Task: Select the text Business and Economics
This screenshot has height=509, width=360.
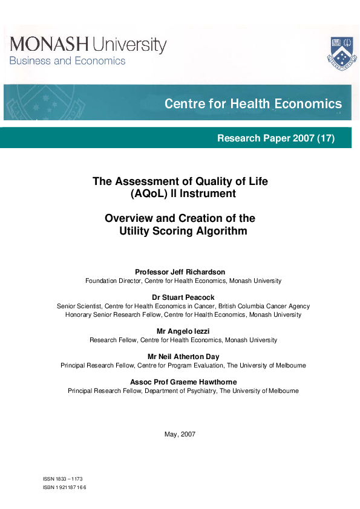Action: pyautogui.click(x=67, y=60)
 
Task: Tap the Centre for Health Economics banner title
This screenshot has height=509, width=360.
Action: pyautogui.click(x=253, y=104)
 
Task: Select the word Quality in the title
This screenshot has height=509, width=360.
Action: pyautogui.click(x=209, y=181)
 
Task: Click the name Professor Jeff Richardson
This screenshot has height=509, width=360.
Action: pyautogui.click(x=180, y=272)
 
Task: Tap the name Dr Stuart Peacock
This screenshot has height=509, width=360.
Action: pyautogui.click(x=180, y=297)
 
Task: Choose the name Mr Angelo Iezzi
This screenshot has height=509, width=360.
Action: pyautogui.click(x=180, y=331)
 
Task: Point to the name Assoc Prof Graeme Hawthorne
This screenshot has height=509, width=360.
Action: pyautogui.click(x=183, y=382)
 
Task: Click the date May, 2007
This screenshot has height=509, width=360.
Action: pyautogui.click(x=180, y=434)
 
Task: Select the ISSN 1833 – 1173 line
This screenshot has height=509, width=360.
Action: pyautogui.click(x=63, y=479)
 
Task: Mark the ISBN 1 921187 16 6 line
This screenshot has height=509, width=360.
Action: pyautogui.click(x=65, y=487)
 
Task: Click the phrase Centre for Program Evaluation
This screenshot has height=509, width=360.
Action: pyautogui.click(x=184, y=366)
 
